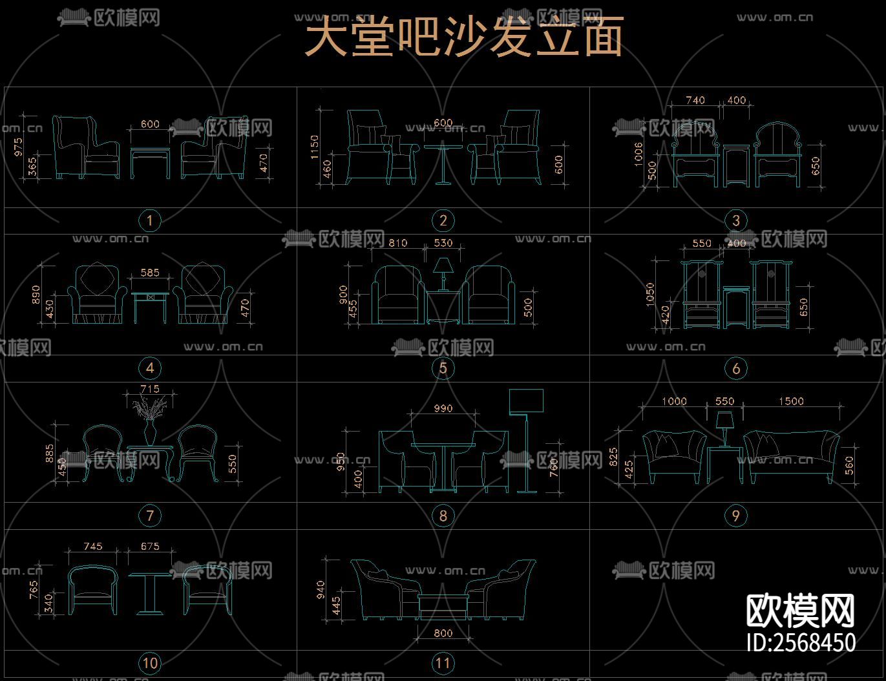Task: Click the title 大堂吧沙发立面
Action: tap(463, 37)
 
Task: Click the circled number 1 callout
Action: tap(150, 220)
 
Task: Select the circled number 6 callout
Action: tap(736, 368)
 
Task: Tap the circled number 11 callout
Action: tap(443, 663)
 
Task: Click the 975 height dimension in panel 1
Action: tap(18, 146)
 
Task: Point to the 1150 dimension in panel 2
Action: tap(315, 147)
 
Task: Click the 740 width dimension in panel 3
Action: tap(695, 100)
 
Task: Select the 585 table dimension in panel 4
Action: tap(150, 273)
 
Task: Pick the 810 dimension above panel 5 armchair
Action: tap(397, 243)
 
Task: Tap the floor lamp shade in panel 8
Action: tap(526, 401)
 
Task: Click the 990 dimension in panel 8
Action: tap(443, 408)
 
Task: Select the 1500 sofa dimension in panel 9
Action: tap(791, 401)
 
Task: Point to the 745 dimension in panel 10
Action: tap(93, 546)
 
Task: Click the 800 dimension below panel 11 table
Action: tap(443, 633)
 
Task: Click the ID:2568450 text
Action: tap(801, 642)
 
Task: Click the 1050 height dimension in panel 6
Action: tap(650, 294)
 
